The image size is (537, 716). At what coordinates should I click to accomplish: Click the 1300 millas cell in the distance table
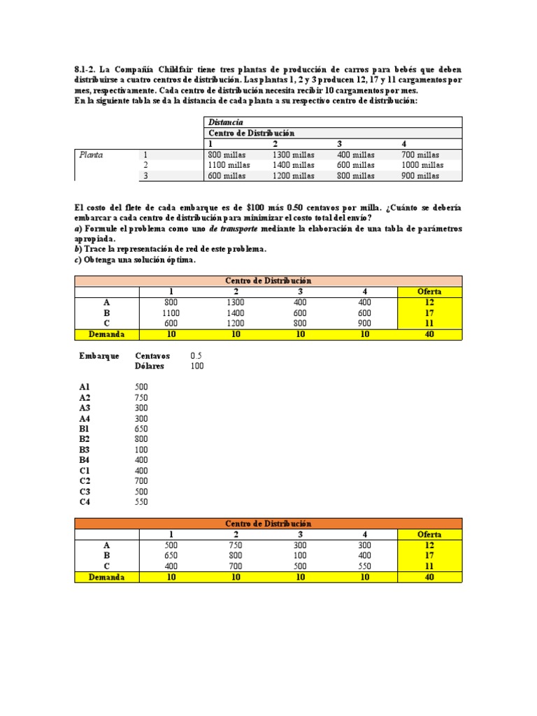(293, 155)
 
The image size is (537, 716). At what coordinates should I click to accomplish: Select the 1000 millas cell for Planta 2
(422, 165)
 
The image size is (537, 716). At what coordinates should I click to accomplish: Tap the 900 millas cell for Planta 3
(420, 176)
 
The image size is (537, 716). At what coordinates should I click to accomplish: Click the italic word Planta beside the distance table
(91, 155)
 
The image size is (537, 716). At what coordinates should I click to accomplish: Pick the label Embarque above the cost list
(99, 356)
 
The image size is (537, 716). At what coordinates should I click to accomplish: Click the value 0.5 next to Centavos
(196, 356)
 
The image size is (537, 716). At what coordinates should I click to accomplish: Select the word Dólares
(151, 366)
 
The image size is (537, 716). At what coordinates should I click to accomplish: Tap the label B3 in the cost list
(85, 449)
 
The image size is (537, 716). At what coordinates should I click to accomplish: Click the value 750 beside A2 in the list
(141, 396)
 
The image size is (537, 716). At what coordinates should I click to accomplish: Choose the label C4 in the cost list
(85, 501)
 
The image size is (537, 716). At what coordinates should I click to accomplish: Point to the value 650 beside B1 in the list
(141, 428)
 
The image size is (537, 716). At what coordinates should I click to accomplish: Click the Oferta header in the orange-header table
(429, 534)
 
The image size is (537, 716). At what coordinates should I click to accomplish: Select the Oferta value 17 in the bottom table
(429, 556)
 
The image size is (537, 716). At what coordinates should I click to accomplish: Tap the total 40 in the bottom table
(429, 578)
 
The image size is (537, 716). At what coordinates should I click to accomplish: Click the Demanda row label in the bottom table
(106, 578)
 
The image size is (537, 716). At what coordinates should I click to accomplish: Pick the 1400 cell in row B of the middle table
(236, 313)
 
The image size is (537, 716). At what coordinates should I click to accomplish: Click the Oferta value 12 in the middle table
(429, 302)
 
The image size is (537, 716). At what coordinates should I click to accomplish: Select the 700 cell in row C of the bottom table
(236, 566)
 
